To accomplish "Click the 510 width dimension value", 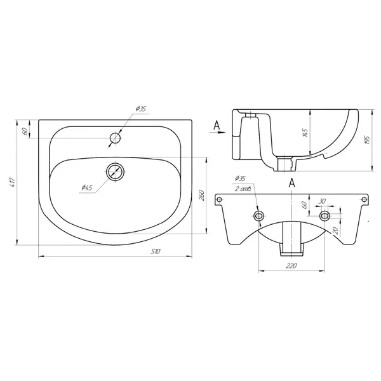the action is pos(156,251).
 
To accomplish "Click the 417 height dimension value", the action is pos(13,182).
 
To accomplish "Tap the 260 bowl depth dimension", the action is pos(202,196).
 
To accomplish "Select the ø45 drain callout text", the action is pos(87,187).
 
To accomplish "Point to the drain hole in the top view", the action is pos(116,171).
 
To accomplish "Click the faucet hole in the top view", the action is pos(116,138).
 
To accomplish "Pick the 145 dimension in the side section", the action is pos(305,133).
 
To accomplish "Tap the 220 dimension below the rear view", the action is pos(291,265).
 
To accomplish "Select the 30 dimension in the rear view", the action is pos(322,201).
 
